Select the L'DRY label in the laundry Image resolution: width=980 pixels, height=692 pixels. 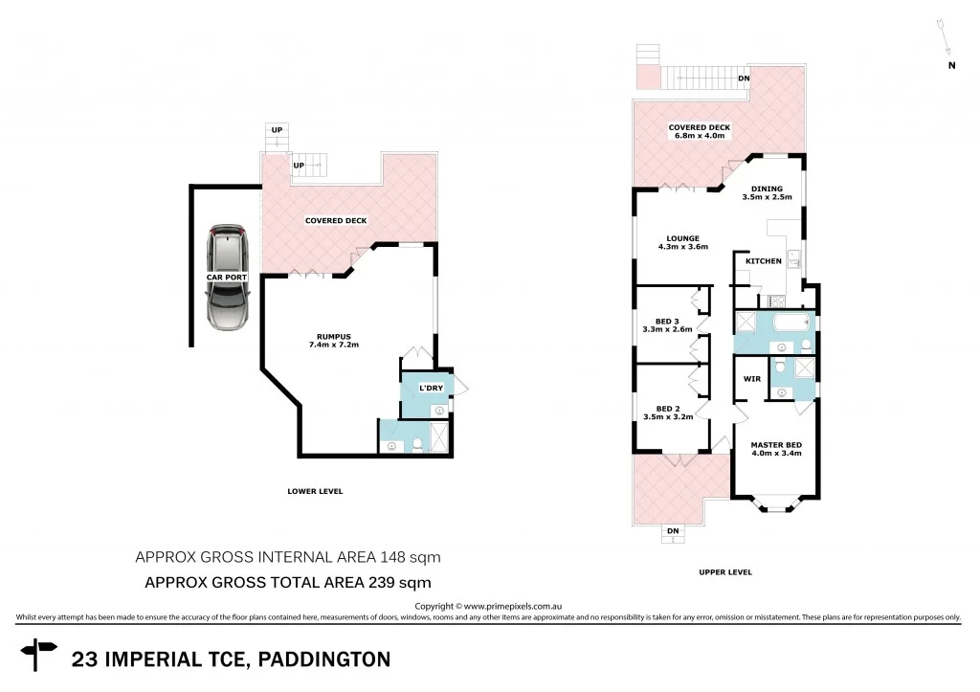pos(428,388)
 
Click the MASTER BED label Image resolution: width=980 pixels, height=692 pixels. pos(775,445)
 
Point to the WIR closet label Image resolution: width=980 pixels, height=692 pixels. pos(751,379)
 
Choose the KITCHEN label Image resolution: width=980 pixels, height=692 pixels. pos(764,260)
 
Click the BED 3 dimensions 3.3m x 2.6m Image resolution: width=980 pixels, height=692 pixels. pos(667,330)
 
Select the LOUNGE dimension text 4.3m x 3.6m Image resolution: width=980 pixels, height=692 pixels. pos(683,248)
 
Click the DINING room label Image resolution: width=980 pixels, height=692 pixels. pos(767,189)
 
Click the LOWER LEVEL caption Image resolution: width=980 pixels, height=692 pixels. pos(315,491)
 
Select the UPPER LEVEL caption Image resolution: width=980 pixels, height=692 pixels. pos(724,572)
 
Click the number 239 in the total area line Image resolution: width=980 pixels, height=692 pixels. pos(374,581)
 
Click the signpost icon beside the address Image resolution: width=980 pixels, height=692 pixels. pos(40,657)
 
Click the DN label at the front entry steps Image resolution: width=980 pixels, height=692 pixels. pos(673,530)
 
